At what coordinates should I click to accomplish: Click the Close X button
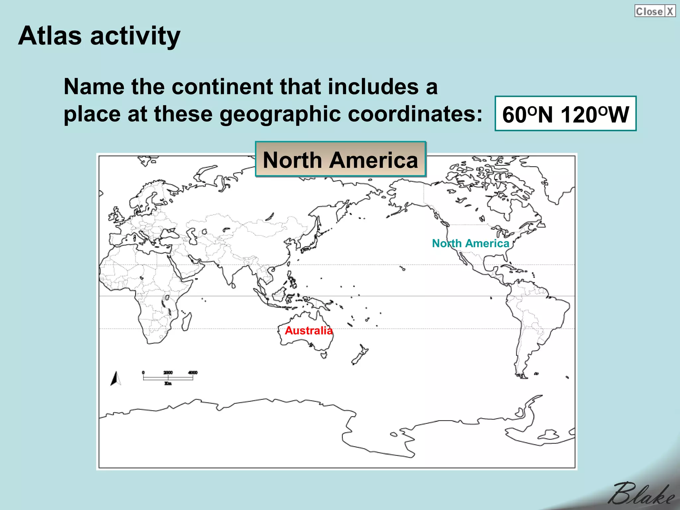click(x=655, y=11)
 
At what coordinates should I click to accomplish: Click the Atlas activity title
click(x=99, y=36)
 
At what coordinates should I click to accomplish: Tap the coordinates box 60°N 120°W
click(x=565, y=114)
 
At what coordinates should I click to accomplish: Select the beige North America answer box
click(x=340, y=160)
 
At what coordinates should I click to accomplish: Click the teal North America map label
click(x=470, y=243)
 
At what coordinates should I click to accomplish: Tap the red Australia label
click(x=308, y=330)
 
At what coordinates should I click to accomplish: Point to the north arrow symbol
click(x=115, y=379)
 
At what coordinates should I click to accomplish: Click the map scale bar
click(x=168, y=378)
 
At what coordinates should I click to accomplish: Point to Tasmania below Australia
click(x=324, y=355)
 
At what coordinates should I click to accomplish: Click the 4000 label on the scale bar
click(x=193, y=373)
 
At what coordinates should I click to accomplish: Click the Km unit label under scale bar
click(x=168, y=383)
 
